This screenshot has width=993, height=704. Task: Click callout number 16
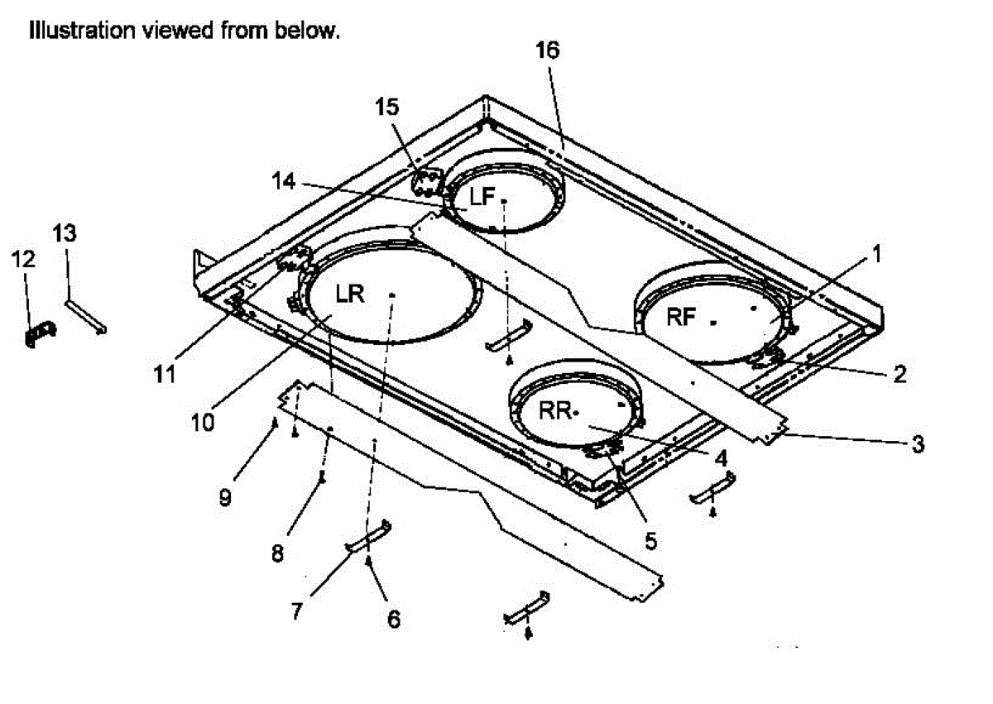pyautogui.click(x=547, y=50)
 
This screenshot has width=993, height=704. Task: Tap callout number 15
pyautogui.click(x=386, y=107)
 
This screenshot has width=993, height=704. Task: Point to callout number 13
pyautogui.click(x=65, y=234)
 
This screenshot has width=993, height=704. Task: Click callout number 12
pyautogui.click(x=23, y=259)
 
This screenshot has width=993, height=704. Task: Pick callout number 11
pyautogui.click(x=165, y=375)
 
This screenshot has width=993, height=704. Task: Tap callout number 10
pyautogui.click(x=204, y=422)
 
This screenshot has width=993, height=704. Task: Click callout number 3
pyautogui.click(x=915, y=444)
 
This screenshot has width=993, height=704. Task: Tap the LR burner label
pyautogui.click(x=350, y=294)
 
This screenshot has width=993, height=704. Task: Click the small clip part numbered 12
pyautogui.click(x=41, y=334)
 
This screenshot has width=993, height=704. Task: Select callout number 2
pyautogui.click(x=898, y=373)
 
